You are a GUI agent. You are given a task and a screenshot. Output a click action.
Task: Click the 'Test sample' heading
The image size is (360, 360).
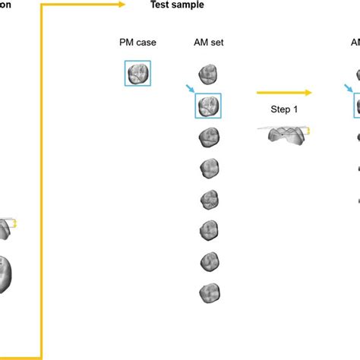coord(175,5)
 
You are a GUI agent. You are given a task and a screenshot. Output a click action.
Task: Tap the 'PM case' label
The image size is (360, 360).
coord(137,43)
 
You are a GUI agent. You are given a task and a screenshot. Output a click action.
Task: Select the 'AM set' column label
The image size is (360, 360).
coord(209,43)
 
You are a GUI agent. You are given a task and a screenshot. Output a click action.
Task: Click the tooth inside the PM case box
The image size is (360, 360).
coord(138,74)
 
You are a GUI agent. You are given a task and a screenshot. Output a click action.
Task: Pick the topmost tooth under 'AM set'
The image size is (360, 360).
coord(208,74)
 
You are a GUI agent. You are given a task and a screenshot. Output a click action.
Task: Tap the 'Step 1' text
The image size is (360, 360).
coord(285,109)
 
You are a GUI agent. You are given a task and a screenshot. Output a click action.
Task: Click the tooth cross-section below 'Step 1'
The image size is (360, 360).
coord(283,134)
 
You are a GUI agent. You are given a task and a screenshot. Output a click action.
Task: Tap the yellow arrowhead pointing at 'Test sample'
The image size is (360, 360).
coord(121,5)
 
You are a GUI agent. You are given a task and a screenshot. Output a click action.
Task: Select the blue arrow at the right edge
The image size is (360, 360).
coord(352,89)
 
